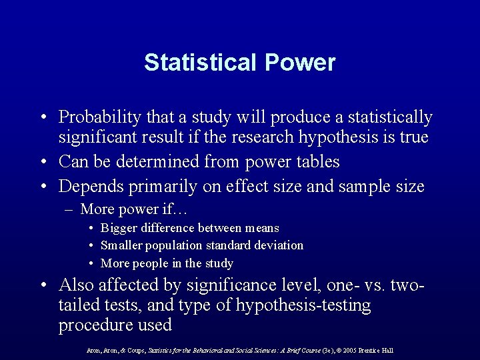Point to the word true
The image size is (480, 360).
tap(409, 138)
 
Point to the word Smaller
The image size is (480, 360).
tap(121, 245)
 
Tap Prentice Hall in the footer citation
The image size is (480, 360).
tap(379, 350)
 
